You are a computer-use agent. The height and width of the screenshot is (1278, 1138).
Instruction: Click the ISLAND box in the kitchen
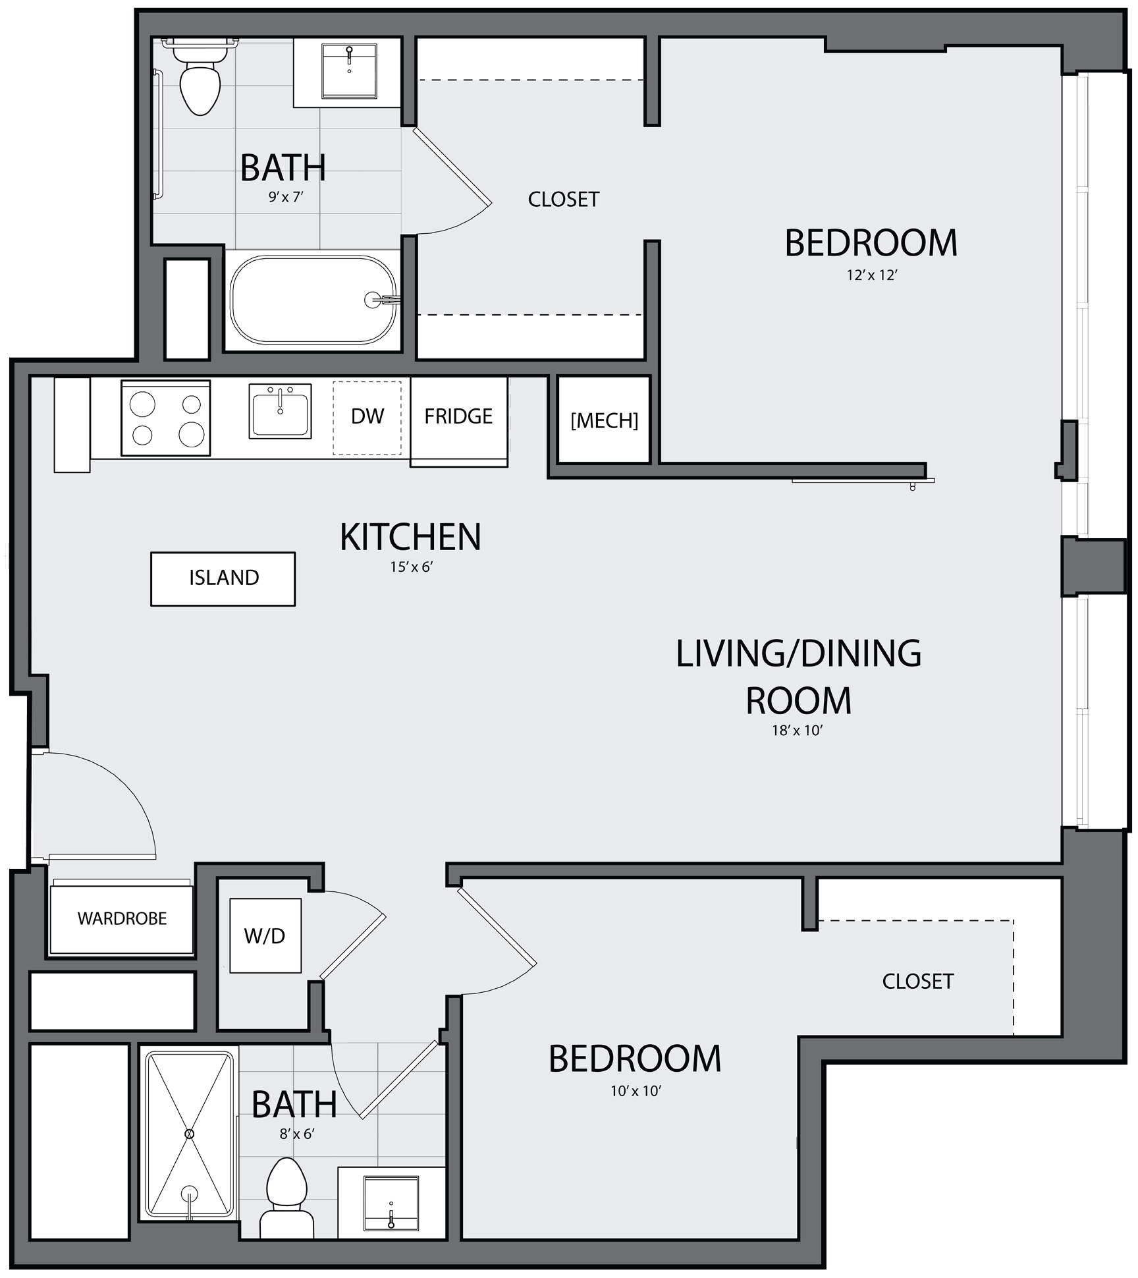tap(223, 578)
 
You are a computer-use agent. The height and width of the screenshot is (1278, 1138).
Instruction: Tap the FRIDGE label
tap(458, 416)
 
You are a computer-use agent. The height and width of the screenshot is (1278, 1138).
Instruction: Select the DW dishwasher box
tap(367, 418)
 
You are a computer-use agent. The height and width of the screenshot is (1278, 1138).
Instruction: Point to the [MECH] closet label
tap(604, 420)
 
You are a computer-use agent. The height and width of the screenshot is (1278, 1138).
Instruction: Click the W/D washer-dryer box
tap(265, 935)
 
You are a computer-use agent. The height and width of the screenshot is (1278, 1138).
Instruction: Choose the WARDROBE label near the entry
tap(122, 918)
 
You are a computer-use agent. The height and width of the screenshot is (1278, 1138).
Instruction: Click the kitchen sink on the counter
tap(280, 411)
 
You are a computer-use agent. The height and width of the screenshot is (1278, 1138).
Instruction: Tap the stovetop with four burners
tap(166, 418)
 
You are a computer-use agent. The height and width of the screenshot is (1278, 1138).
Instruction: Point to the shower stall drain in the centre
tap(190, 1134)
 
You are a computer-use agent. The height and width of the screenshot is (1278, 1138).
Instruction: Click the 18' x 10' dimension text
tap(798, 730)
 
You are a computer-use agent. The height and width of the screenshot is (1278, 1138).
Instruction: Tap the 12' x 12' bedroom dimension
tap(872, 275)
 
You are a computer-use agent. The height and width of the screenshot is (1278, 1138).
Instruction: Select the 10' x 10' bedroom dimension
tap(635, 1091)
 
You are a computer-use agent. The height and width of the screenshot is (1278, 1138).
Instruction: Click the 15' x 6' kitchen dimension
tap(411, 567)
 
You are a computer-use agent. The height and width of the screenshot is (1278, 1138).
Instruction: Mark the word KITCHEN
tap(410, 537)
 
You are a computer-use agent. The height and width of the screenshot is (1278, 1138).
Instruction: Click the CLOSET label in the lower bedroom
tap(917, 982)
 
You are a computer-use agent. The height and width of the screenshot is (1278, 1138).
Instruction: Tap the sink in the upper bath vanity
tap(349, 71)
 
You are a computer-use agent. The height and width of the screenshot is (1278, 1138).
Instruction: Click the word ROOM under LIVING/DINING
tap(798, 700)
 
